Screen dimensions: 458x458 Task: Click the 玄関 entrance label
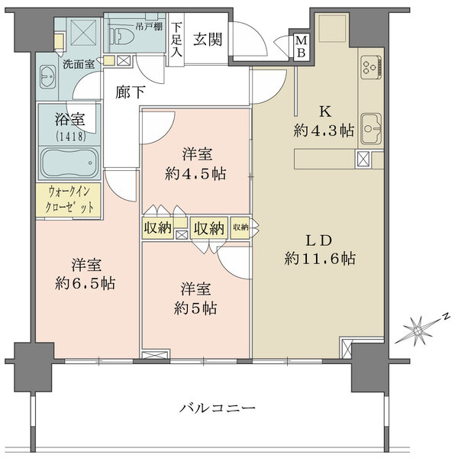click(207, 40)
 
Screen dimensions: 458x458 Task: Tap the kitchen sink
click(372, 126)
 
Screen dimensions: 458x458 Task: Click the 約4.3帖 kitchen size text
click(324, 131)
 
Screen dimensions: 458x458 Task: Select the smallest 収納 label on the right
click(240, 227)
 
